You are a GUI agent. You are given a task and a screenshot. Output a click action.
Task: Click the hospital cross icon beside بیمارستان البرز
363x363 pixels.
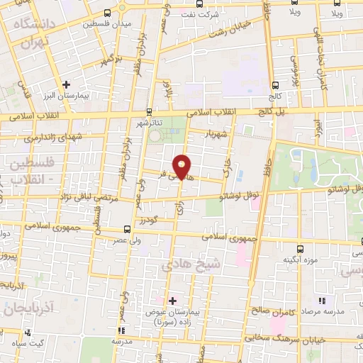tap(66, 85)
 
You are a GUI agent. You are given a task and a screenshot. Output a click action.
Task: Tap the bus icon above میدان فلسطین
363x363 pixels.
tap(106, 13)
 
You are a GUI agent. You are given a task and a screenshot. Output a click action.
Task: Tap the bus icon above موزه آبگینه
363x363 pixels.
tap(300, 249)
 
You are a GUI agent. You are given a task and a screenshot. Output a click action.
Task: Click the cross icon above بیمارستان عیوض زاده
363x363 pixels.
tap(172, 301)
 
